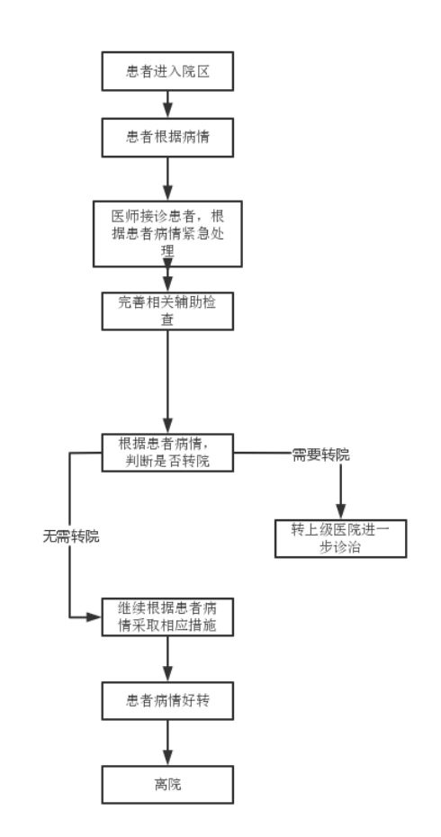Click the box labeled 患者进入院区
click(167, 71)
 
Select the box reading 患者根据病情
click(167, 137)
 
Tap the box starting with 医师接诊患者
click(167, 234)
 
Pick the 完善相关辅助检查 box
click(167, 310)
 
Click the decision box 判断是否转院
click(167, 453)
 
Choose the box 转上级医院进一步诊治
click(340, 538)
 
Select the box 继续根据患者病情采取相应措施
click(167, 616)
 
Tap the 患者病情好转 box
click(167, 700)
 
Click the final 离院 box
click(167, 784)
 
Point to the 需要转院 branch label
click(321, 455)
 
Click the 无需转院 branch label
click(71, 536)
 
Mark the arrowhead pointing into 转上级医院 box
click(340, 513)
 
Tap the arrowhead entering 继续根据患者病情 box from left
click(95, 617)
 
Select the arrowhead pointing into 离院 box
click(167, 759)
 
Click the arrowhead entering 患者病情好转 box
click(167, 675)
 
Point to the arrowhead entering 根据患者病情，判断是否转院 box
click(167, 427)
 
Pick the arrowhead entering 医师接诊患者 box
click(167, 194)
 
